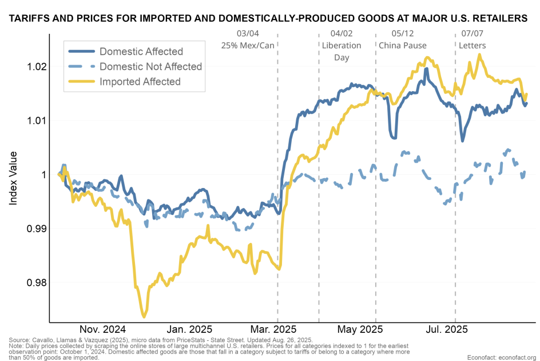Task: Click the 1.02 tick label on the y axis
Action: [37, 66]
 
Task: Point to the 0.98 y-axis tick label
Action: [37, 282]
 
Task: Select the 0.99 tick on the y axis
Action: [37, 229]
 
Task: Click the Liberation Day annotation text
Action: [342, 52]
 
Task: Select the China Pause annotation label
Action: [403, 45]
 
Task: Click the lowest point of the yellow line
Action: [144, 316]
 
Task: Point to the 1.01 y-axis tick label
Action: [37, 120]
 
